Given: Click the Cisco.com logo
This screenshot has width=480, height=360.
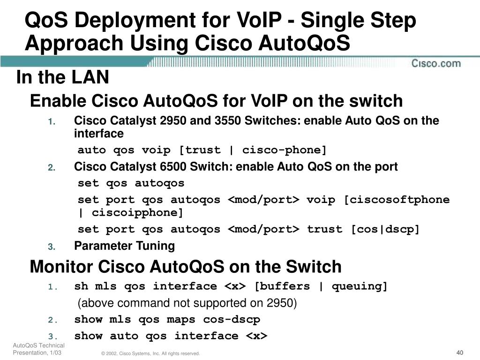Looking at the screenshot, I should pyautogui.click(x=436, y=63).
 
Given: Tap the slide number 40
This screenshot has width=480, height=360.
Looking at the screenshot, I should pyautogui.click(x=459, y=352).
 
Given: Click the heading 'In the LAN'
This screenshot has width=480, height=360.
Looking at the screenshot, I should pyautogui.click(x=63, y=78).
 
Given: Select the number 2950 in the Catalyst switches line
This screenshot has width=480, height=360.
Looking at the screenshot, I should pyautogui.click(x=172, y=121).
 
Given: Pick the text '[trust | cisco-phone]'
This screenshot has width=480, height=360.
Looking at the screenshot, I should pyautogui.click(x=253, y=150).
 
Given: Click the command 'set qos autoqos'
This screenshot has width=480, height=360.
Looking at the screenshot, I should pyautogui.click(x=131, y=183).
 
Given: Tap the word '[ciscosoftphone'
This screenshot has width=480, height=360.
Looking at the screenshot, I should pyautogui.click(x=397, y=200).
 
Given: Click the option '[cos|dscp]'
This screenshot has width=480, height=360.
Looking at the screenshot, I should pyautogui.click(x=385, y=229).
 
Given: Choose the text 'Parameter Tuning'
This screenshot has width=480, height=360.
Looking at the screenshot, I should pyautogui.click(x=124, y=246).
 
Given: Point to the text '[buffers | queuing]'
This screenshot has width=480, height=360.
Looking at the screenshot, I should pyautogui.click(x=321, y=286).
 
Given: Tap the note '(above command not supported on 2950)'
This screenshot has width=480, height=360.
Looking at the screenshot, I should pyautogui.click(x=187, y=303).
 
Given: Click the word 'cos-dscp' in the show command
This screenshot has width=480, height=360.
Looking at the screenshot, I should pyautogui.click(x=232, y=320).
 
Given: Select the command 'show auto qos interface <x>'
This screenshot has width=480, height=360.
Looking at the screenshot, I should pyautogui.click(x=171, y=336).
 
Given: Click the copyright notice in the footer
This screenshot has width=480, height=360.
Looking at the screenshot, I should pyautogui.click(x=150, y=353).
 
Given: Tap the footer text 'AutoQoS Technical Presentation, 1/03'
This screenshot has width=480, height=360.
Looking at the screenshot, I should pyautogui.click(x=38, y=349).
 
